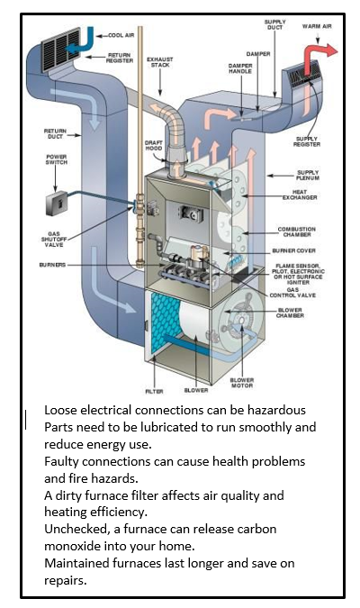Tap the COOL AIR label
click(x=121, y=35)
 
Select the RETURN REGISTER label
click(x=120, y=59)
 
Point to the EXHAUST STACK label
click(x=159, y=62)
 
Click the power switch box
click(x=57, y=204)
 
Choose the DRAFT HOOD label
click(x=154, y=145)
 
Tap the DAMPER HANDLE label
click(x=240, y=68)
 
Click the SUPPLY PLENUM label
click(x=308, y=175)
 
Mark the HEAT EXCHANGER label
click(x=300, y=195)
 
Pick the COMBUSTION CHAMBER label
click(x=297, y=231)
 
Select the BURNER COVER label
click(x=293, y=251)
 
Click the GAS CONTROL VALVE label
click(x=292, y=293)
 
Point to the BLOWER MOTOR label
click(x=242, y=383)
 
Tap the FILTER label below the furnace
click(x=154, y=392)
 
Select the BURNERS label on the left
click(x=52, y=265)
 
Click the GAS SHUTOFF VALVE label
click(x=54, y=240)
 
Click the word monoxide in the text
click(x=73, y=546)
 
